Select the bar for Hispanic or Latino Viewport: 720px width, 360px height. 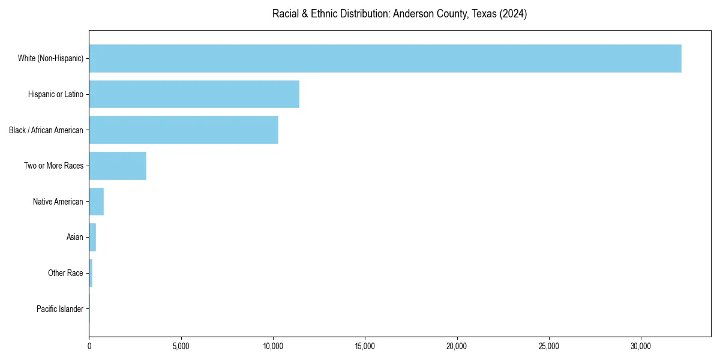click(194, 94)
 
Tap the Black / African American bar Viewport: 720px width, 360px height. click(184, 130)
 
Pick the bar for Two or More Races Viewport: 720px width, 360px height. click(118, 166)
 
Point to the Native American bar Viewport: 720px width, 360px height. click(97, 202)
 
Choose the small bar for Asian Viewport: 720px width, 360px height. click(92, 237)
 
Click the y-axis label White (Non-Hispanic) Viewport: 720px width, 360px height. click(50, 58)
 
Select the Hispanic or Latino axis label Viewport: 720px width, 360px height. click(55, 94)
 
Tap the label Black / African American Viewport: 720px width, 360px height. click(46, 130)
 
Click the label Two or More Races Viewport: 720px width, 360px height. click(53, 166)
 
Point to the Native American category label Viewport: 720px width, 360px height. click(58, 202)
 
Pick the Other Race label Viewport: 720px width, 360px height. click(65, 273)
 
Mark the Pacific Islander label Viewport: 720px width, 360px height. click(59, 309)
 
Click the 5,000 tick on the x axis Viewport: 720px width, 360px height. click(181, 346)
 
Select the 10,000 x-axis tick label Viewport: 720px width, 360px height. click(273, 346)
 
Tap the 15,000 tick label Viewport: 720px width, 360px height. click(365, 346)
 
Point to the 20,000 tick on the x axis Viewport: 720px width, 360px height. click(457, 346)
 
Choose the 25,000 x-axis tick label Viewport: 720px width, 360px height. click(549, 346)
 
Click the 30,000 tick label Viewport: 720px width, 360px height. click(641, 346)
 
